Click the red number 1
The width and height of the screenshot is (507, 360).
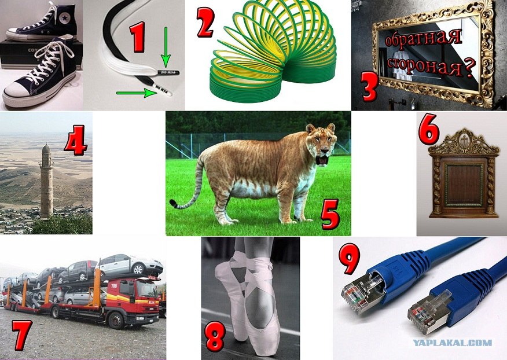click(137, 37)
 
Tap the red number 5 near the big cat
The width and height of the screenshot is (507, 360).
click(330, 214)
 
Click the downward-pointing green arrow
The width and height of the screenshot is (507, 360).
click(166, 47)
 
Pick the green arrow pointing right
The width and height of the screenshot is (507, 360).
click(137, 93)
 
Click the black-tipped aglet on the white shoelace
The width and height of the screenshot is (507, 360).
click(168, 72)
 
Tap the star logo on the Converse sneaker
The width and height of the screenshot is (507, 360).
click(65, 18)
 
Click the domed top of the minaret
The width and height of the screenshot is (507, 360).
click(46, 149)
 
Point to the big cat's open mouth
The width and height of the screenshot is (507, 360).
click(322, 160)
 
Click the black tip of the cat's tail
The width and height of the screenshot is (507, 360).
click(173, 203)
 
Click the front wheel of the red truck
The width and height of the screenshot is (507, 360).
click(115, 320)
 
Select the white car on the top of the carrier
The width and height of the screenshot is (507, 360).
click(129, 265)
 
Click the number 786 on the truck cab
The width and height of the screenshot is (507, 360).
click(114, 285)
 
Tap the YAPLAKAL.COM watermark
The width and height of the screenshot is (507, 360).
click(452, 343)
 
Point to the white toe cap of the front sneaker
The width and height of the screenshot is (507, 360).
click(16, 90)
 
